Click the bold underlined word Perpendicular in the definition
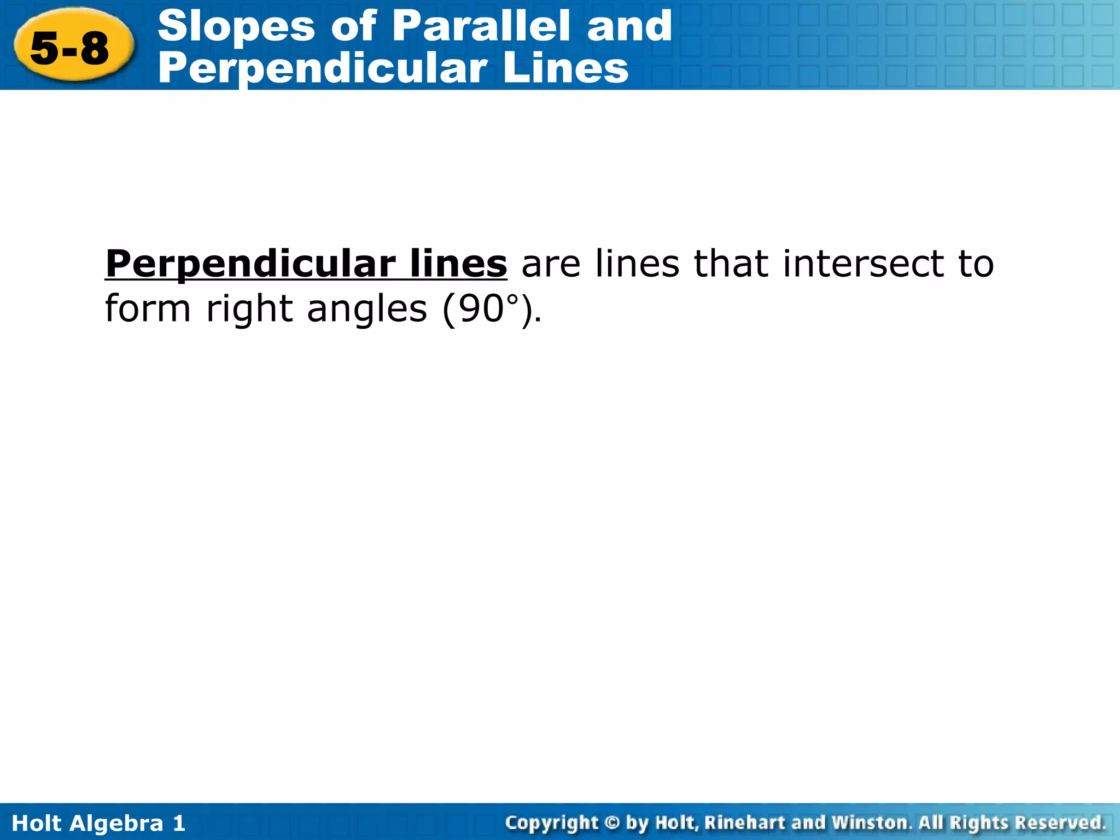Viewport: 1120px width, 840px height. (x=251, y=264)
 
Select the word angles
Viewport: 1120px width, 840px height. (x=367, y=310)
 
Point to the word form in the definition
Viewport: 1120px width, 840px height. (x=148, y=308)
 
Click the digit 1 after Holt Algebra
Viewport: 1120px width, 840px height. (x=179, y=822)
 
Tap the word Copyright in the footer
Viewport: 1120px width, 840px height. (x=552, y=822)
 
